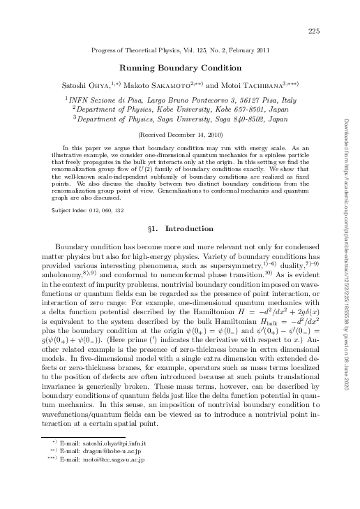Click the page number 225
coord(313,31)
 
